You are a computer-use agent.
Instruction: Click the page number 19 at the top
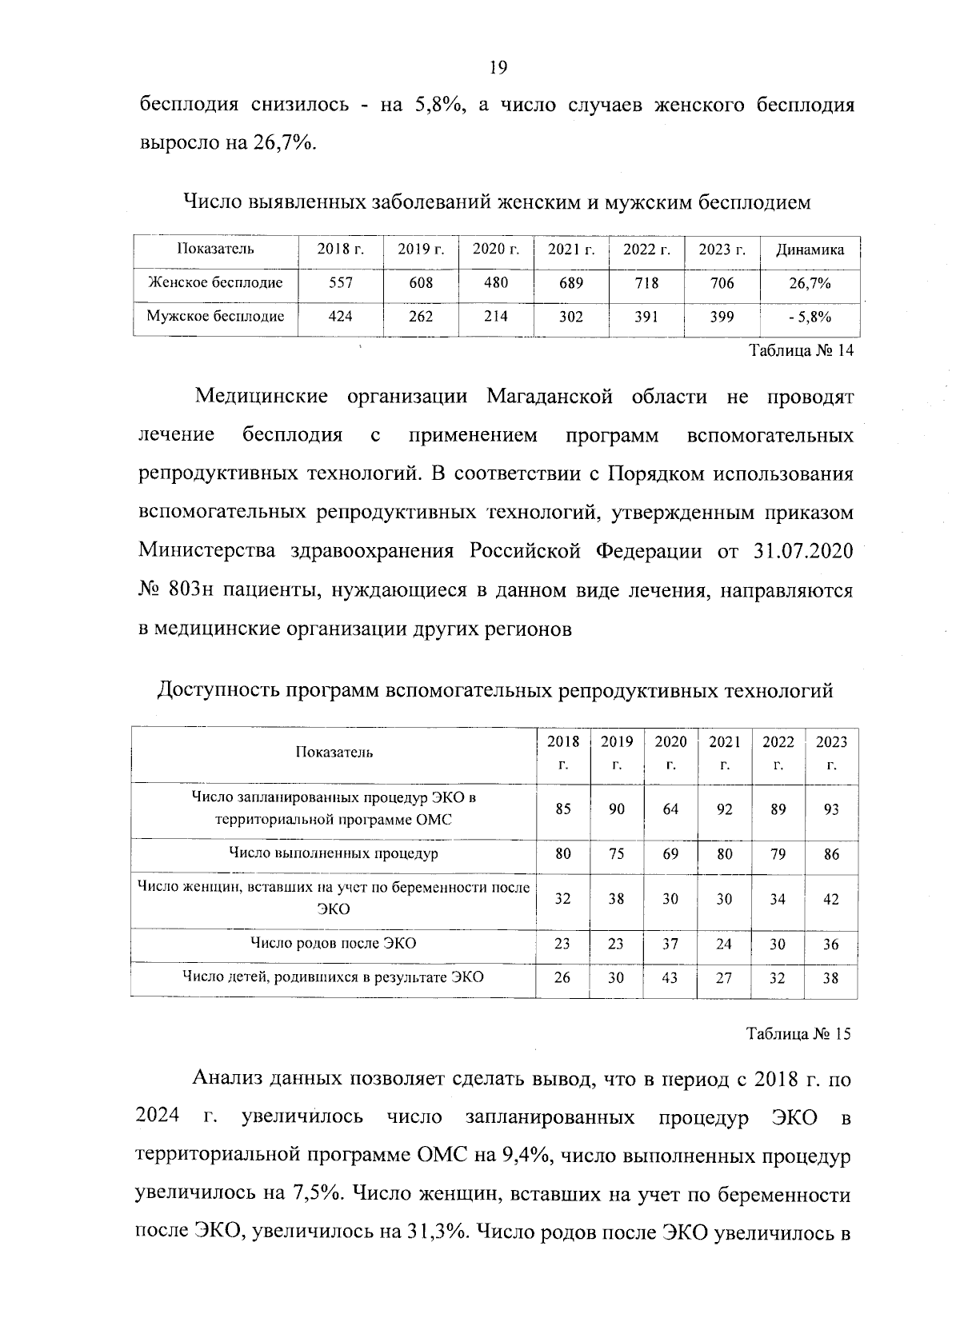[x=497, y=68]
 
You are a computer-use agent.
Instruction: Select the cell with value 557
[x=341, y=283]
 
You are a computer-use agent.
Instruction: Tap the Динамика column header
[x=810, y=250]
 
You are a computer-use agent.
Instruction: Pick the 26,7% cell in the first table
[x=810, y=283]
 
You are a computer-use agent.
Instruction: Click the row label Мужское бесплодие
[x=215, y=317]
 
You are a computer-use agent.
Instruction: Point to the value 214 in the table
[x=496, y=317]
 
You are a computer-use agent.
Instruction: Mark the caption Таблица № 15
[x=798, y=1033]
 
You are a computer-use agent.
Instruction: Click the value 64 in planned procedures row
[x=670, y=809]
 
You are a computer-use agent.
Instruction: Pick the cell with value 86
[x=831, y=854]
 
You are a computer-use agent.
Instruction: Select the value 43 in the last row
[x=670, y=977]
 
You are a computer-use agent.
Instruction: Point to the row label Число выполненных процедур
[x=333, y=853]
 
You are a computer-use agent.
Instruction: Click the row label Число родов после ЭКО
[x=333, y=943]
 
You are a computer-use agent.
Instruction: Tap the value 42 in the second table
[x=831, y=899]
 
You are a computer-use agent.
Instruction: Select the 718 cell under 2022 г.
[x=646, y=283]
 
